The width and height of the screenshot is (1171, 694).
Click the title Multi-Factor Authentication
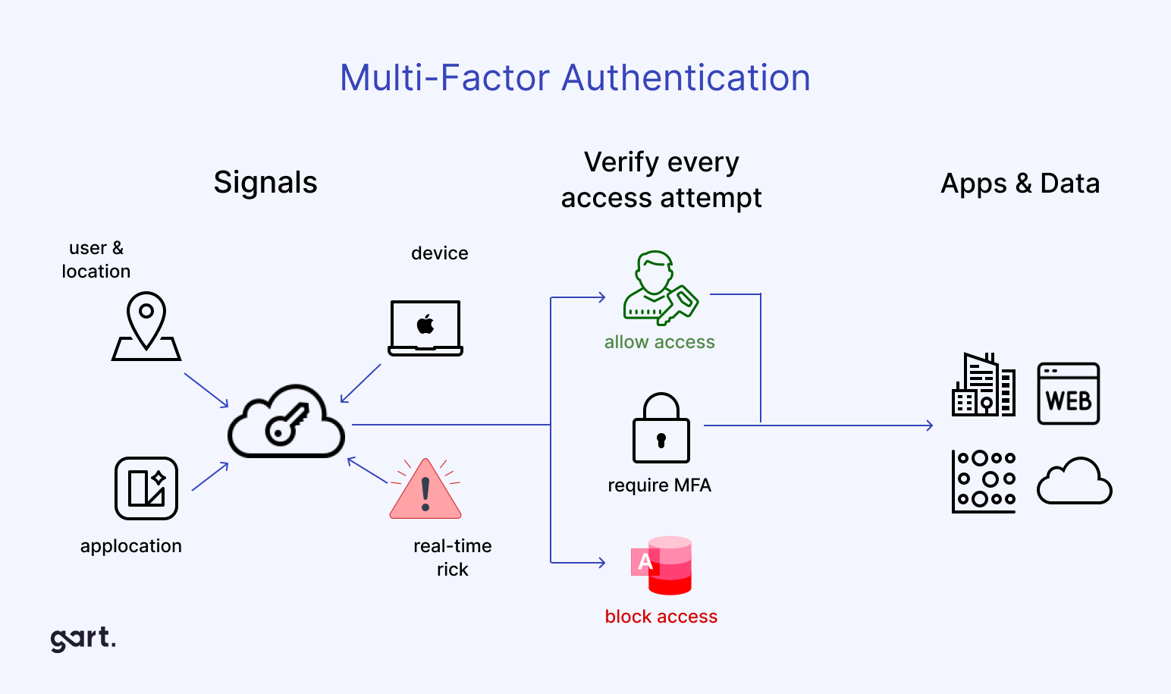(x=575, y=77)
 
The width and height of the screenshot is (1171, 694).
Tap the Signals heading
(x=265, y=183)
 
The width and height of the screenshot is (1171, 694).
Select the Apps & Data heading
(x=1020, y=184)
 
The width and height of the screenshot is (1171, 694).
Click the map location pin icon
(x=146, y=326)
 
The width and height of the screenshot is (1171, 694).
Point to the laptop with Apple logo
(x=425, y=328)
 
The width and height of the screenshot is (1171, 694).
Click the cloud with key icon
(x=287, y=422)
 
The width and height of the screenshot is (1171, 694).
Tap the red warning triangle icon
(x=425, y=490)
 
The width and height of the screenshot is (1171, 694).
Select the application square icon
(x=146, y=488)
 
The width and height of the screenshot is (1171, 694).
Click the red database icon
(x=663, y=565)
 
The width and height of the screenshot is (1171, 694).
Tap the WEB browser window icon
(x=1069, y=394)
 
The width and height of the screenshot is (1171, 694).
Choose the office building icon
(x=984, y=385)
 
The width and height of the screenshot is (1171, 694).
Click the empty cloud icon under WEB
(x=1074, y=482)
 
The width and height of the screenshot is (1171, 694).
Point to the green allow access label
(x=659, y=342)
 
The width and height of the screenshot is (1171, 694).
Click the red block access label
(x=661, y=617)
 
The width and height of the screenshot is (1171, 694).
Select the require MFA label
(x=659, y=485)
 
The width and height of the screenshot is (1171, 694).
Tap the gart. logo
(x=83, y=639)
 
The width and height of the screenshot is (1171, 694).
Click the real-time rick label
(x=453, y=557)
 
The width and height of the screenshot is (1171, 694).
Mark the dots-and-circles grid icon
(x=984, y=481)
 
